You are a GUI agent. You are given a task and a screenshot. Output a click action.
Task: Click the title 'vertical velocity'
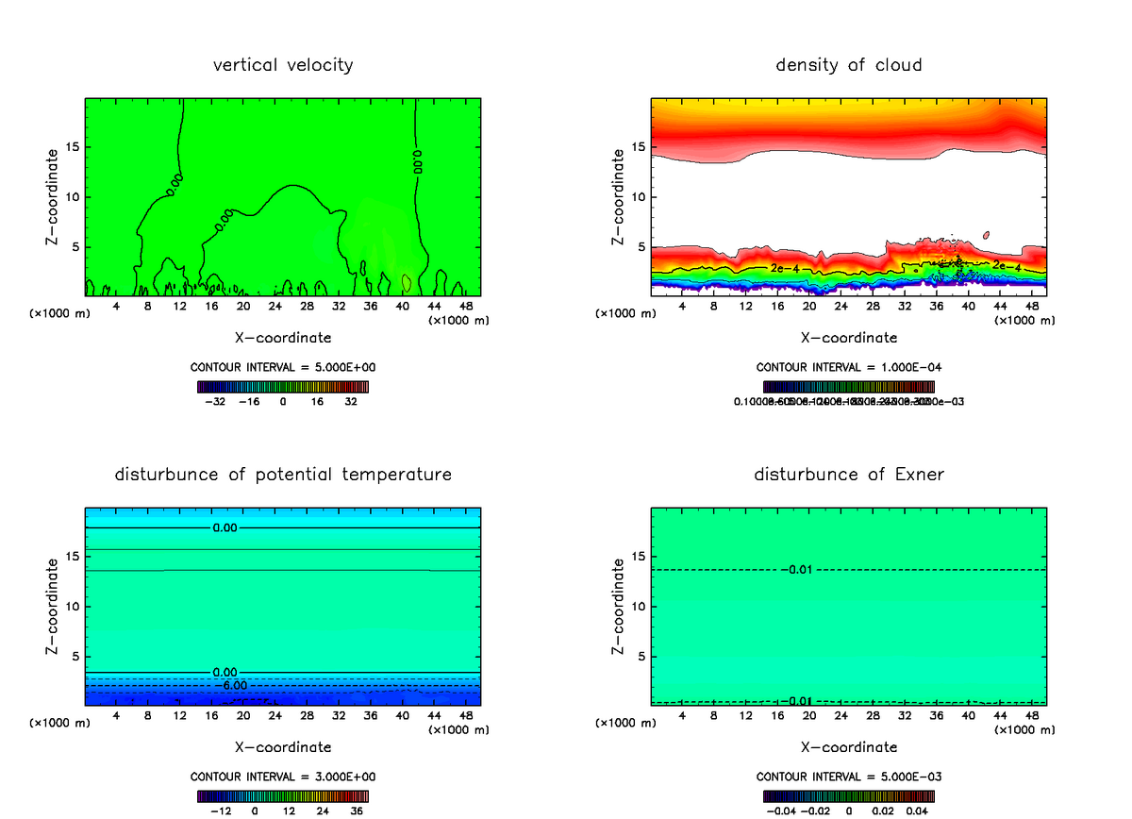[x=283, y=65]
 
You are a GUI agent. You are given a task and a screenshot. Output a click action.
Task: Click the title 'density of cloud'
[x=849, y=65]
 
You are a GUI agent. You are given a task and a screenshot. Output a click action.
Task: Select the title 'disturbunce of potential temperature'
[x=283, y=474]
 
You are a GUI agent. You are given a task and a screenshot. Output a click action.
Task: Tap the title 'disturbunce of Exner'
[x=849, y=474]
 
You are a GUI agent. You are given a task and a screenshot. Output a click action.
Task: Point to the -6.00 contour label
[x=231, y=685]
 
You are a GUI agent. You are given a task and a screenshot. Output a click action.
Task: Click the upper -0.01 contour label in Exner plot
[x=798, y=570]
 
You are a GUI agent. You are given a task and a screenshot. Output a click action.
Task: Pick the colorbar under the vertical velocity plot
[x=282, y=386]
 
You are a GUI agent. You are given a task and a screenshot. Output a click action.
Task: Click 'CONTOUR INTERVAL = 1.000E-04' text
[x=848, y=367]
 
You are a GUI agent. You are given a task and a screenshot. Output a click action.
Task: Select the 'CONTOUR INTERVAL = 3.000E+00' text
[x=282, y=777]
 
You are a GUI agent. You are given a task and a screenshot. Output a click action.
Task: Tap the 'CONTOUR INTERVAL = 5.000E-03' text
[x=848, y=777]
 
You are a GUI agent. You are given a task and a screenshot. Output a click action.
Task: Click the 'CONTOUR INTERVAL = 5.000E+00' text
[x=282, y=367]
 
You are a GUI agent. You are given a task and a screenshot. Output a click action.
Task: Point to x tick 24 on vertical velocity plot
[x=275, y=306]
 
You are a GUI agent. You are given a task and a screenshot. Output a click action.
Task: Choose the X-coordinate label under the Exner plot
[x=849, y=747]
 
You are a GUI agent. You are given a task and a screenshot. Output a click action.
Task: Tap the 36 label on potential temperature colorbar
[x=357, y=810]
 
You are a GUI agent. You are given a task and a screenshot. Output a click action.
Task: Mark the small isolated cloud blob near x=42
[x=986, y=234]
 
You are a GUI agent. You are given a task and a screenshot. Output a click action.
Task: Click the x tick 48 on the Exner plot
[x=1031, y=715]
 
